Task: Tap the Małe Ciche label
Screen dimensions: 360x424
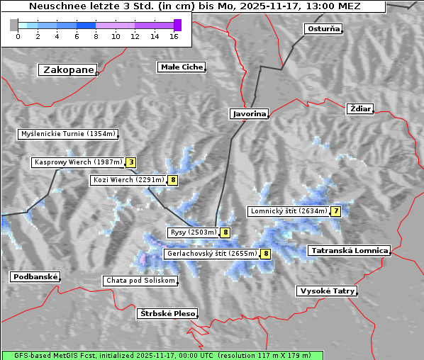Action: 181,67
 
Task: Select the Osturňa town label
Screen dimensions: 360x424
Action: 323,29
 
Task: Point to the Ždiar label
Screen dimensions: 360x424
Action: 360,108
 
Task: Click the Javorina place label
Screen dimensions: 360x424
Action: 249,113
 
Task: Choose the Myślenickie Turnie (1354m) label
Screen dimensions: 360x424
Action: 67,134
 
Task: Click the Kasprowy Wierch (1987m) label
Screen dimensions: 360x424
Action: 78,162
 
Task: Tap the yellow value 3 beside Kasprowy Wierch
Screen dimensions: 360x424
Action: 131,162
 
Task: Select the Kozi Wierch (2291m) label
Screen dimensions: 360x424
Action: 128,180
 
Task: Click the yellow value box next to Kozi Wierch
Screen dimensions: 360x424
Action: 173,180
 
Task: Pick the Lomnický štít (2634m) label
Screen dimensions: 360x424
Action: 289,211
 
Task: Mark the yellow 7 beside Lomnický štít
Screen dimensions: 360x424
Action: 336,211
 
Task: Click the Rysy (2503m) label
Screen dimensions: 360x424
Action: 192,232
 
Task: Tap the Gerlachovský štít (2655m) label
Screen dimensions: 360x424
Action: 211,254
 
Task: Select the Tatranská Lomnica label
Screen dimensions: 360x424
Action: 349,251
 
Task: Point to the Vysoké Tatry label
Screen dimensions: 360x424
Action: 327,291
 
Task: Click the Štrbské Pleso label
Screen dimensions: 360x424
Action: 167,313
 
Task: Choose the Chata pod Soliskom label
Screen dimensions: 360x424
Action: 140,281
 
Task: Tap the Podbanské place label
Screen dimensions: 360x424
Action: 34,277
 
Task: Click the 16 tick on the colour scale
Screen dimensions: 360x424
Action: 174,35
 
